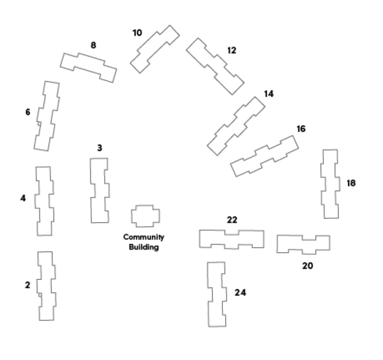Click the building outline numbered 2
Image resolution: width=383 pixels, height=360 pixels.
pyautogui.click(x=45, y=286)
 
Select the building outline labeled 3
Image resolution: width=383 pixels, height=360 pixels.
pyautogui.click(x=99, y=190)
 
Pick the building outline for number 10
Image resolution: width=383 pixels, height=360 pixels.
pyautogui.click(x=154, y=49)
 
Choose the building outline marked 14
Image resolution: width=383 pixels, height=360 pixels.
pyautogui.click(x=236, y=126)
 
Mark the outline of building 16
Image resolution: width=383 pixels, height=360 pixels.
pyautogui.click(x=264, y=156)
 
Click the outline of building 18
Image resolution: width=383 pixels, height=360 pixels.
pyautogui.click(x=330, y=184)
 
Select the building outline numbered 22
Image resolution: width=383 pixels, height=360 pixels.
pyautogui.click(x=231, y=239)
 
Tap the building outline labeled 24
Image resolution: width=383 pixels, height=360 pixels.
pyautogui.click(x=216, y=294)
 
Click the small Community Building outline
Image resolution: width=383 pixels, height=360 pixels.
pyautogui.click(x=146, y=216)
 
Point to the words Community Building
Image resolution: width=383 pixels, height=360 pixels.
pyautogui.click(x=144, y=242)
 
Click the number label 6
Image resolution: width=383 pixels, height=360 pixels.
pyautogui.click(x=27, y=112)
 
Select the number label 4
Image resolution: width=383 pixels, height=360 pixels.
pyautogui.click(x=23, y=198)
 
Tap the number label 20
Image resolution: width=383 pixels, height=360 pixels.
pyautogui.click(x=307, y=266)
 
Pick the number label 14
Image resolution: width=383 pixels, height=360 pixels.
pyautogui.click(x=268, y=94)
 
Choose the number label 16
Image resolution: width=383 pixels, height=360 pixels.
pyautogui.click(x=301, y=129)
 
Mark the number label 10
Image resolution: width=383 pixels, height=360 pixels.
pyautogui.click(x=137, y=33)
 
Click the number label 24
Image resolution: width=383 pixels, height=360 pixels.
pyautogui.click(x=240, y=292)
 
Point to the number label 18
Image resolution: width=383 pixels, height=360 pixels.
pyautogui.click(x=350, y=183)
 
